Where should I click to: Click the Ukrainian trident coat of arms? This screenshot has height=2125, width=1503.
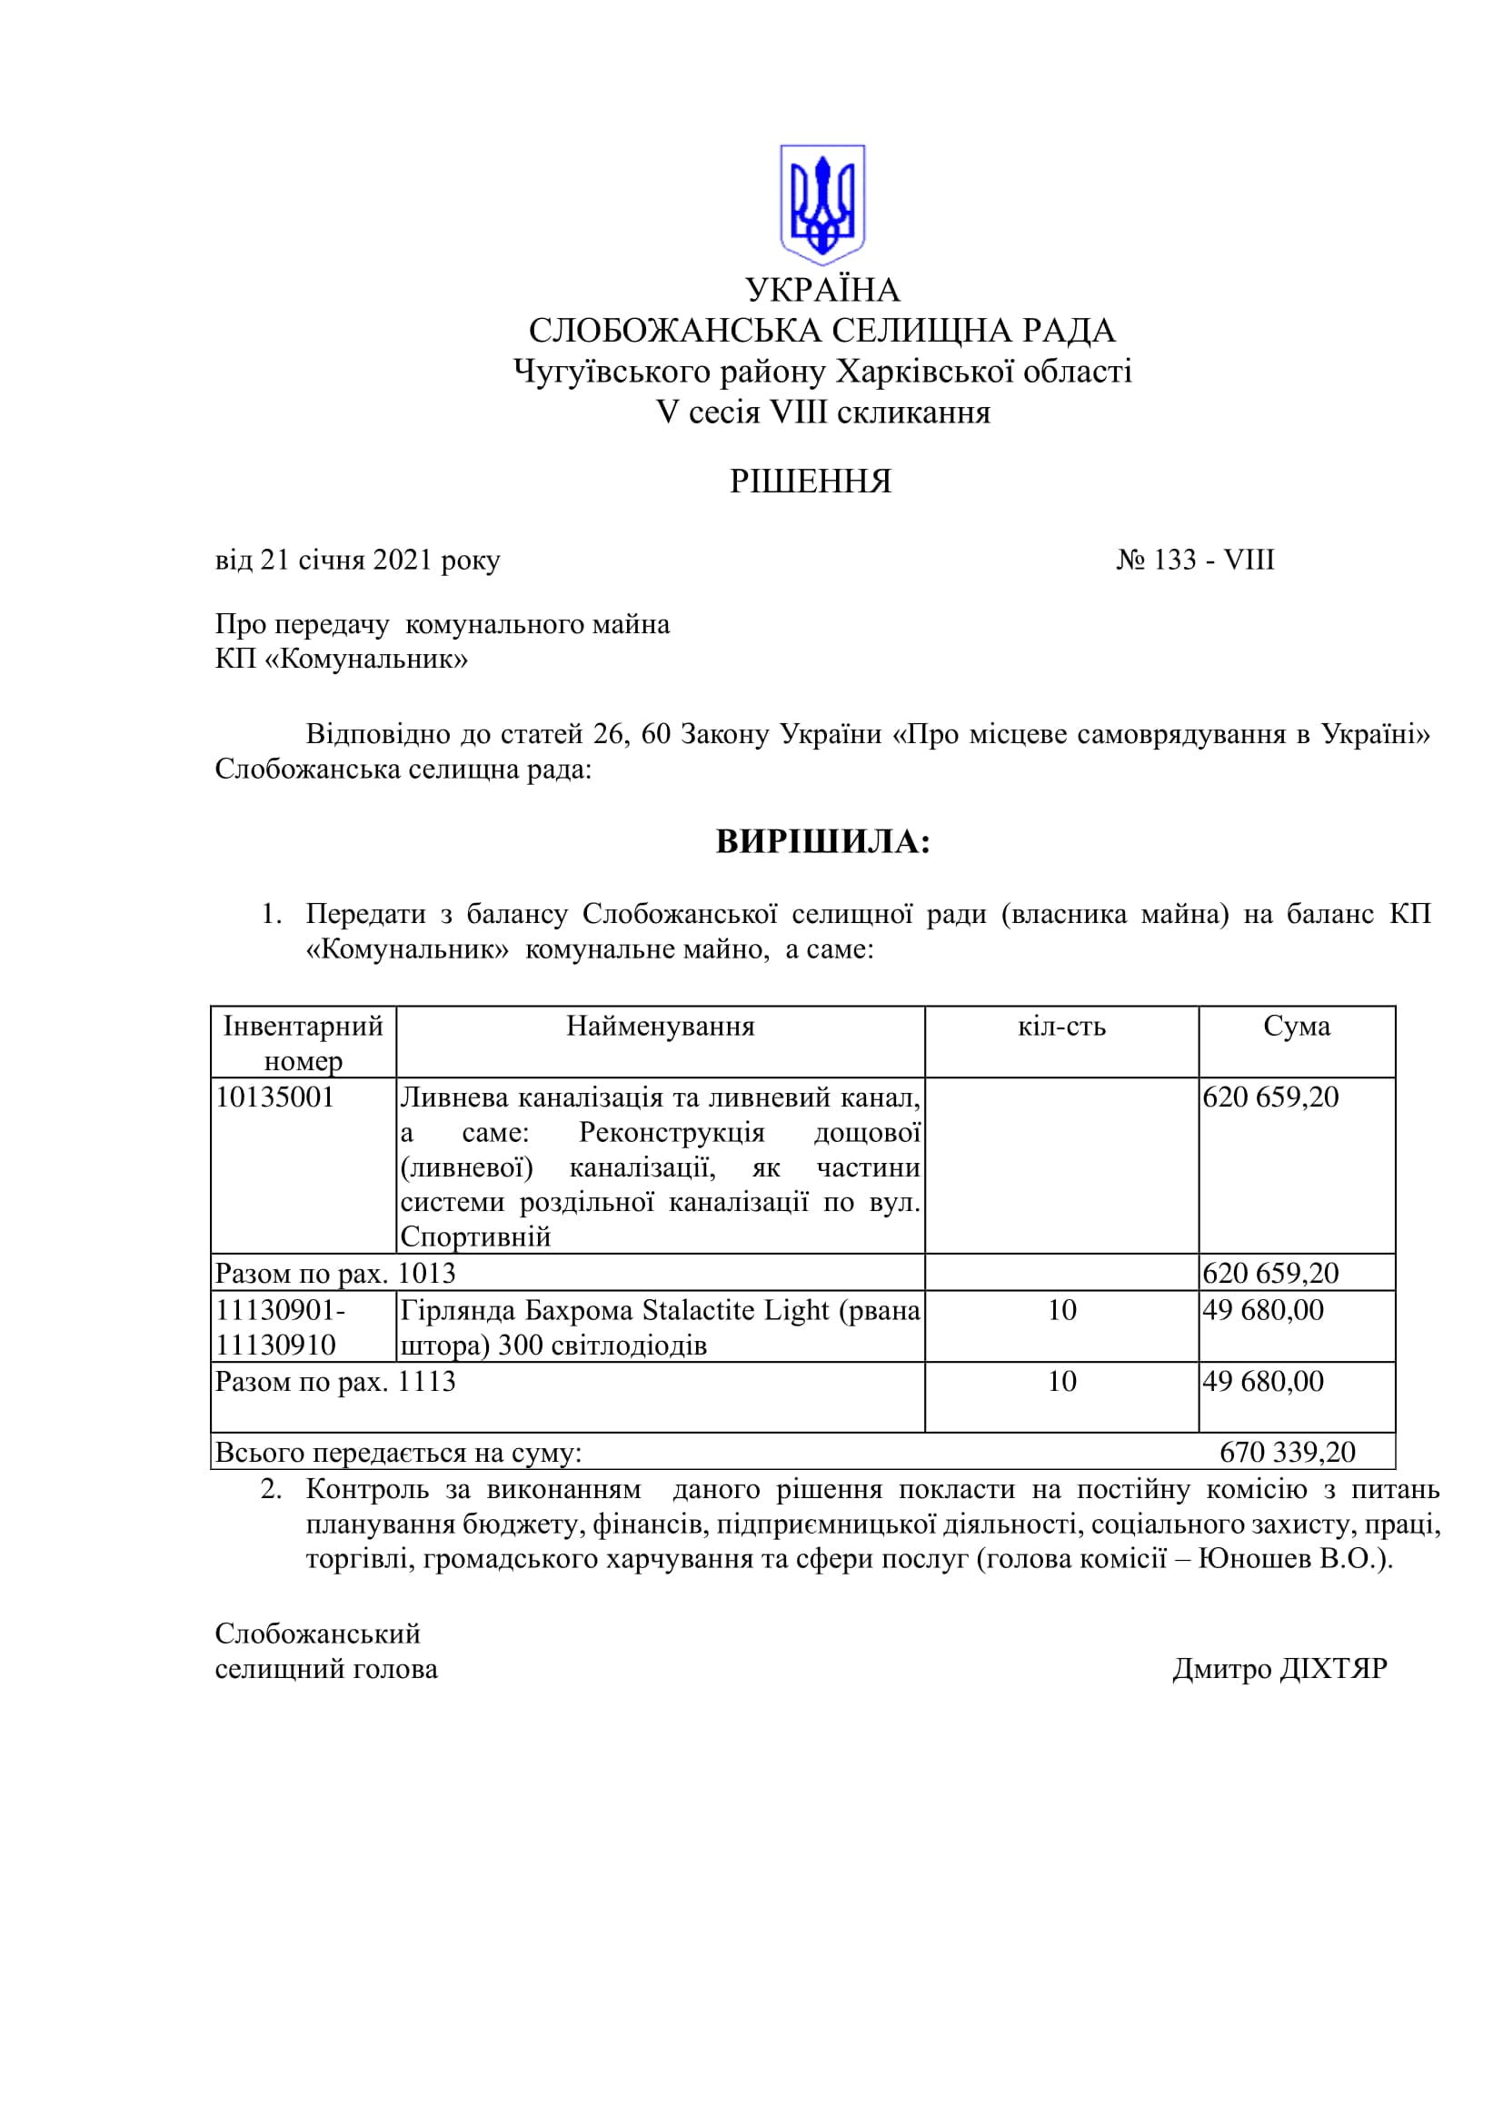tap(821, 203)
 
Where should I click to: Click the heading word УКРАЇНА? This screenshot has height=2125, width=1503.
tap(821, 290)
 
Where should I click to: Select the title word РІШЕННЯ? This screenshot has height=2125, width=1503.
tap(810, 482)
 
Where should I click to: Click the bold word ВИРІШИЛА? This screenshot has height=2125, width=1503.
tap(822, 841)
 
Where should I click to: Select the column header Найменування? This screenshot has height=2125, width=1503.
tap(660, 1026)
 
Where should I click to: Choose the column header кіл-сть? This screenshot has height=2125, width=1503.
tap(1060, 1026)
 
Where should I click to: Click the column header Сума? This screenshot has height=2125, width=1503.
tap(1296, 1026)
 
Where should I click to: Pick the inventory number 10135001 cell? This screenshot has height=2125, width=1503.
tap(274, 1097)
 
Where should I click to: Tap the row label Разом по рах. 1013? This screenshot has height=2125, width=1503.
tap(335, 1274)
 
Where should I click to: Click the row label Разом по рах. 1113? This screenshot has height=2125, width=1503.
tap(335, 1382)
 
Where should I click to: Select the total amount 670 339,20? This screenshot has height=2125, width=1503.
tap(1287, 1451)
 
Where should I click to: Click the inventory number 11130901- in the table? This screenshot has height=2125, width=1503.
tap(281, 1311)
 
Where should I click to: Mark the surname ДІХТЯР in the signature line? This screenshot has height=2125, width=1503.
tap(1333, 1669)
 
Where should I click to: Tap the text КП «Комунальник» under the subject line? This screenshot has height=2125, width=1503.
tap(341, 659)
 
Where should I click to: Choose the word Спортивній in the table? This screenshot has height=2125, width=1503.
tap(474, 1237)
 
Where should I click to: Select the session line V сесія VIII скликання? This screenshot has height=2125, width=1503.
tap(822, 412)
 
